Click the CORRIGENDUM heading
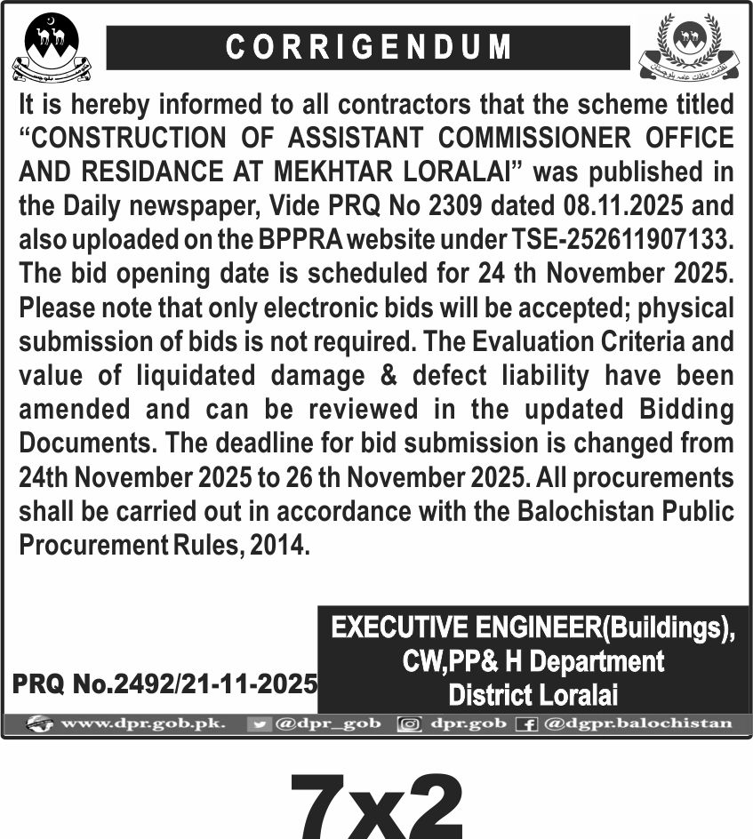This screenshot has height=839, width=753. (x=368, y=47)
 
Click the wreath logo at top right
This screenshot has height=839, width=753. (x=688, y=44)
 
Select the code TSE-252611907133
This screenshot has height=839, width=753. (x=609, y=239)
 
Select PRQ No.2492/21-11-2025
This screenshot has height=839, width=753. (x=165, y=683)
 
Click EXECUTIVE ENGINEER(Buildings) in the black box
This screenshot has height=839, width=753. (x=533, y=628)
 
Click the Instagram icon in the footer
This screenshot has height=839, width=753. (x=410, y=724)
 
